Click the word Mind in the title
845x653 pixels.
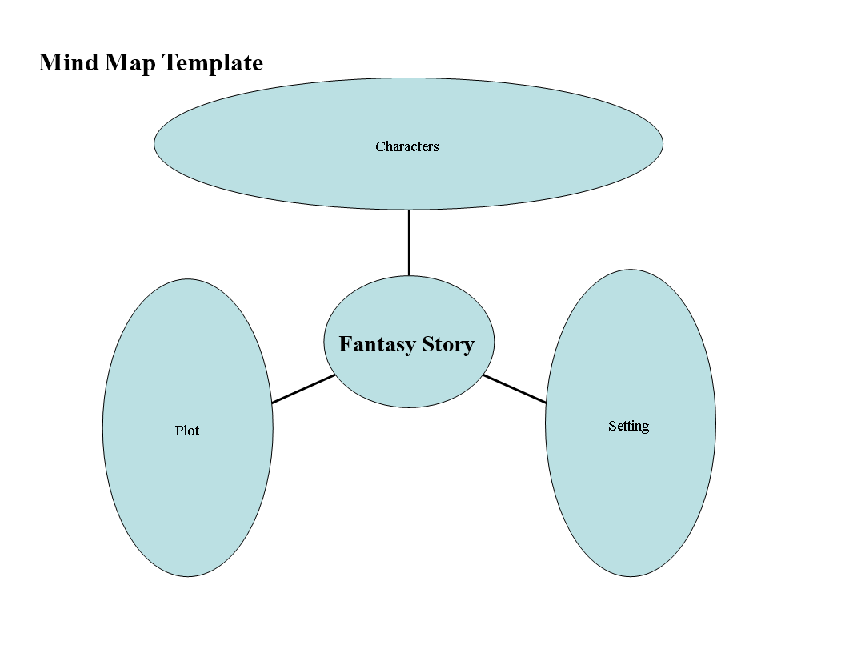(69, 62)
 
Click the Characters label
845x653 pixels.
(406, 146)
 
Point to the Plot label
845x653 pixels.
(187, 431)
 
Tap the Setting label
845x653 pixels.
(628, 427)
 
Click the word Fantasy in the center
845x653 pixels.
(377, 345)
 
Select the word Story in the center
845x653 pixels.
(448, 345)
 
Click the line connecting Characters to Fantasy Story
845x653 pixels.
(409, 242)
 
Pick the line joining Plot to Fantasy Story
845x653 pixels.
(303, 388)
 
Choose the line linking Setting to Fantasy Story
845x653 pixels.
(515, 388)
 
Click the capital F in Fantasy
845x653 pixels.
(345, 344)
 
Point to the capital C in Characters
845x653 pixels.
(379, 146)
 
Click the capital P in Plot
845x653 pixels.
(178, 431)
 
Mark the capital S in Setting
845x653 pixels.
(611, 426)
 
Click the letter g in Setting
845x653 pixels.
(644, 428)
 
